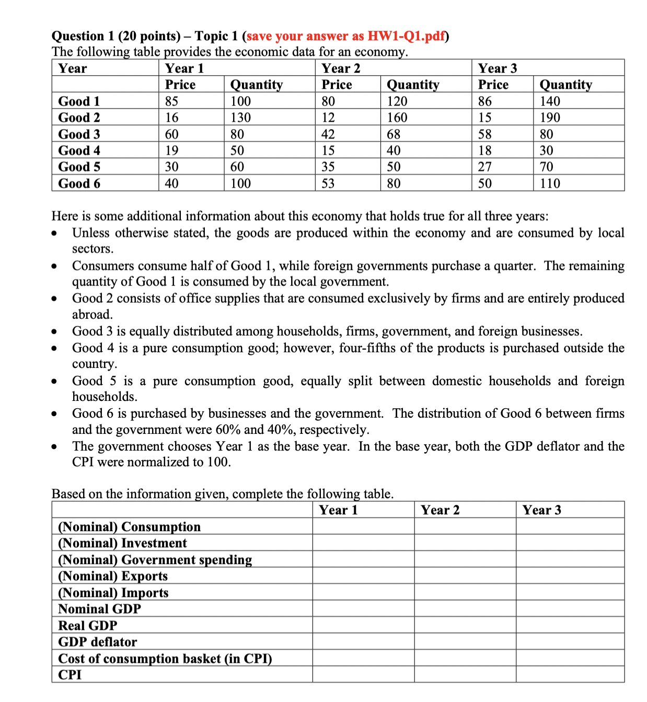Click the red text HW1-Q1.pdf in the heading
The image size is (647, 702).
[406, 36]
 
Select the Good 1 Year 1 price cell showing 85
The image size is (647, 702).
[171, 101]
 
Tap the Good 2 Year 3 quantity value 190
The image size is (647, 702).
[550, 118]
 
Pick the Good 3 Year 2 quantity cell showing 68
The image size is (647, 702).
[394, 134]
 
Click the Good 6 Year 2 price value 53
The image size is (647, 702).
[328, 183]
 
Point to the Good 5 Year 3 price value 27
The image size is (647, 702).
[485, 167]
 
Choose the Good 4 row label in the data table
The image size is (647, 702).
[79, 151]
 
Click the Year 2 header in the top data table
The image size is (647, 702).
[341, 68]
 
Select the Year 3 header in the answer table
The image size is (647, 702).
[542, 510]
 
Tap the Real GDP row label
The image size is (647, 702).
[88, 626]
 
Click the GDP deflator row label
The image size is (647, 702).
[98, 642]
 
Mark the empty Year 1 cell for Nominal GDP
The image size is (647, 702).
[363, 609]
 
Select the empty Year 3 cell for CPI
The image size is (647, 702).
[570, 675]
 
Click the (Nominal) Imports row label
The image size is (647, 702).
[113, 593]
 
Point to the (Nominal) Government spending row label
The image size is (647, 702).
[155, 560]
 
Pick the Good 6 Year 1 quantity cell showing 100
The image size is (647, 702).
[240, 183]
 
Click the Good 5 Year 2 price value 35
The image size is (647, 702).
[328, 167]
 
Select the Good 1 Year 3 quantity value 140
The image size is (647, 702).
[550, 101]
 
